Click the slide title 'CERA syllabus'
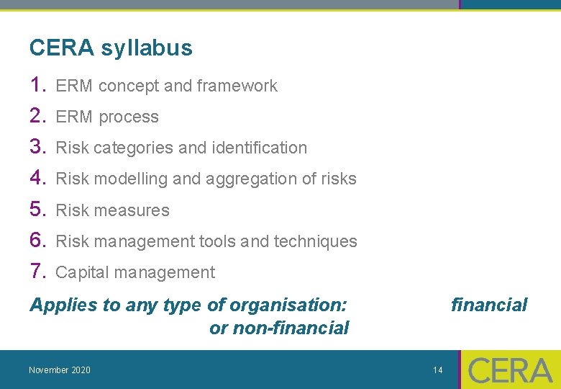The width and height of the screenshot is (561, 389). click(111, 48)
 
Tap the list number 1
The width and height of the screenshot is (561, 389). click(37, 85)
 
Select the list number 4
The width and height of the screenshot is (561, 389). click(37, 178)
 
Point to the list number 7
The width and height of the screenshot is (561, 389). click(37, 272)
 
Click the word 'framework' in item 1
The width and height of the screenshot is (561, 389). click(237, 86)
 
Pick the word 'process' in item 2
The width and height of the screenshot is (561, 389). click(129, 117)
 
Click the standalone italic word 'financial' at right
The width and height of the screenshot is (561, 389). click(489, 305)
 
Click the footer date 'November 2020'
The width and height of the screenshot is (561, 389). click(60, 370)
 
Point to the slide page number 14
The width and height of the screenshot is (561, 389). click(438, 370)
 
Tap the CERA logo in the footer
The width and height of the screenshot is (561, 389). click(510, 370)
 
